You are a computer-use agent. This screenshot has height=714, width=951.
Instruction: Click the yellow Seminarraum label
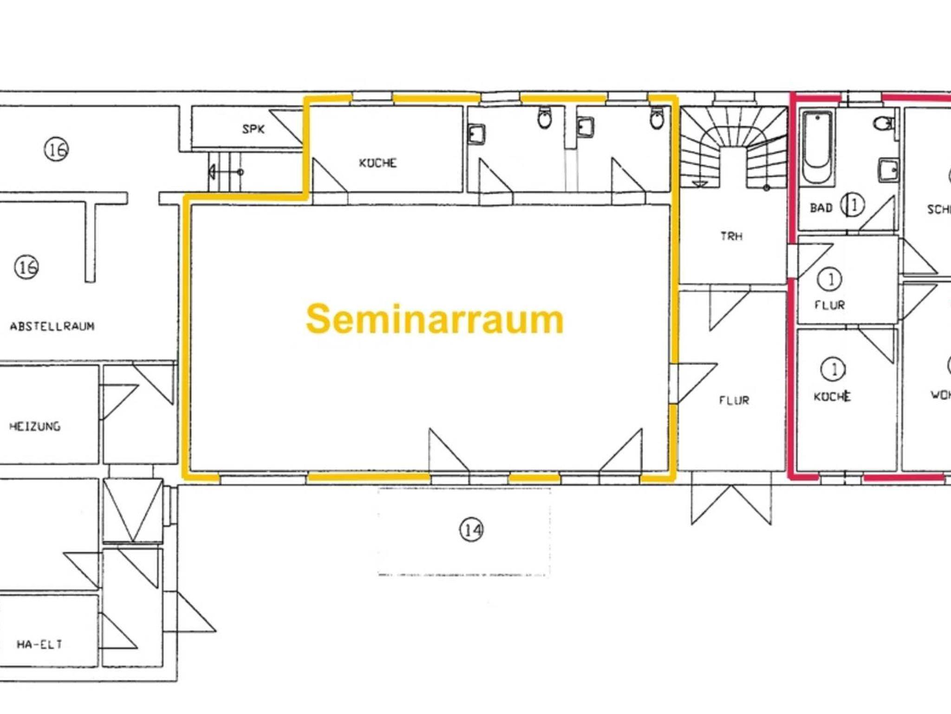click(x=435, y=319)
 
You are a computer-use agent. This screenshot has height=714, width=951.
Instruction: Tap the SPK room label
click(x=254, y=129)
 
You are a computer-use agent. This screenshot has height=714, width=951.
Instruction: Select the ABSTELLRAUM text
click(x=52, y=326)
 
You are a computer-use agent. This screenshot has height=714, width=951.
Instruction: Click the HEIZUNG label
click(x=35, y=426)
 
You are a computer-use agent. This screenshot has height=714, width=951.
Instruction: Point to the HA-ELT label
click(x=39, y=644)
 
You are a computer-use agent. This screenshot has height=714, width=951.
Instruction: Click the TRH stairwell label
click(x=731, y=236)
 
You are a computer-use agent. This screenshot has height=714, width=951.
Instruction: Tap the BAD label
click(x=821, y=208)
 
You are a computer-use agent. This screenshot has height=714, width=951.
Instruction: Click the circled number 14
click(x=471, y=530)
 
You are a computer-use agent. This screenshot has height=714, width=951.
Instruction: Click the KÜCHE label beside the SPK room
click(x=378, y=163)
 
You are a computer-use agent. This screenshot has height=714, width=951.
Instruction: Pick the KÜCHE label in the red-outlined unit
click(x=832, y=396)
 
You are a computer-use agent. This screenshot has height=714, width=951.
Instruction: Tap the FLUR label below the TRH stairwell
click(x=734, y=400)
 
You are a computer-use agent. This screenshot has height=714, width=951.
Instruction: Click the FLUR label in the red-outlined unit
click(x=830, y=305)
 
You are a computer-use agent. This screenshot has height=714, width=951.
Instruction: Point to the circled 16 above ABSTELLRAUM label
click(x=27, y=267)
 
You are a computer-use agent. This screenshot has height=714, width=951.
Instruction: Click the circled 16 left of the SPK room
click(x=57, y=150)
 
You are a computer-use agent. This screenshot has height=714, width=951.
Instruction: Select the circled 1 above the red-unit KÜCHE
click(x=834, y=370)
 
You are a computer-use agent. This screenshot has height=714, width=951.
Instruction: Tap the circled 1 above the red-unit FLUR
click(x=830, y=279)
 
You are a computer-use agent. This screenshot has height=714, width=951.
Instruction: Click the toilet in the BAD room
click(x=884, y=124)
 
